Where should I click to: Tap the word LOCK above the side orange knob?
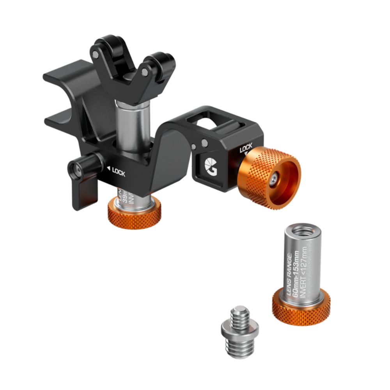[x=246, y=149]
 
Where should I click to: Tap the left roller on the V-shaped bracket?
[x=103, y=47]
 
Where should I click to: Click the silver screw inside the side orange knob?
[x=274, y=178]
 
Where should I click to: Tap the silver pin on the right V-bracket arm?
[x=145, y=73]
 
